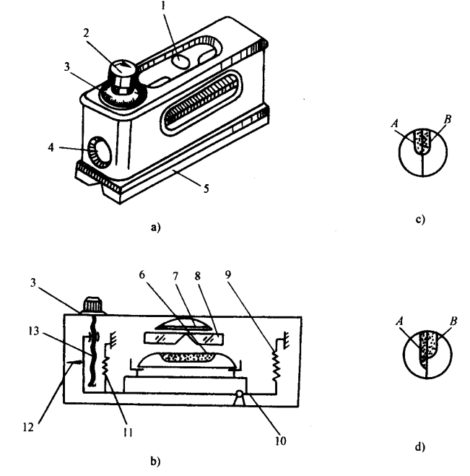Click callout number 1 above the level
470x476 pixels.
[163, 6]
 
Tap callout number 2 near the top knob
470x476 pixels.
[87, 33]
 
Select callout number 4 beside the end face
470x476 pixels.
[51, 147]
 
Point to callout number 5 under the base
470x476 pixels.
[206, 189]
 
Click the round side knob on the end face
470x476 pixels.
[99, 152]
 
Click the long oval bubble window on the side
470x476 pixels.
[201, 103]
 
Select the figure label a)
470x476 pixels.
[155, 227]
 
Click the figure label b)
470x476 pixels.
[155, 461]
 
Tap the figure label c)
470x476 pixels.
[420, 219]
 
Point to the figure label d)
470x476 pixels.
[420, 447]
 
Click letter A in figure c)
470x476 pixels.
[395, 124]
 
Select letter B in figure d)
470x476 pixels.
[453, 321]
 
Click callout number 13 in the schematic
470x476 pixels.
[33, 331]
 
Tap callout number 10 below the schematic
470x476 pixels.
[280, 441]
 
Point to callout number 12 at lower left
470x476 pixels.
[28, 428]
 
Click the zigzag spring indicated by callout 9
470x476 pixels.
[276, 365]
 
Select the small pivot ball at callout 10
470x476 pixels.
[240, 394]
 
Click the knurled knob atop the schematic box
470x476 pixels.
[93, 305]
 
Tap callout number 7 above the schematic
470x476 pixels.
[175, 277]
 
